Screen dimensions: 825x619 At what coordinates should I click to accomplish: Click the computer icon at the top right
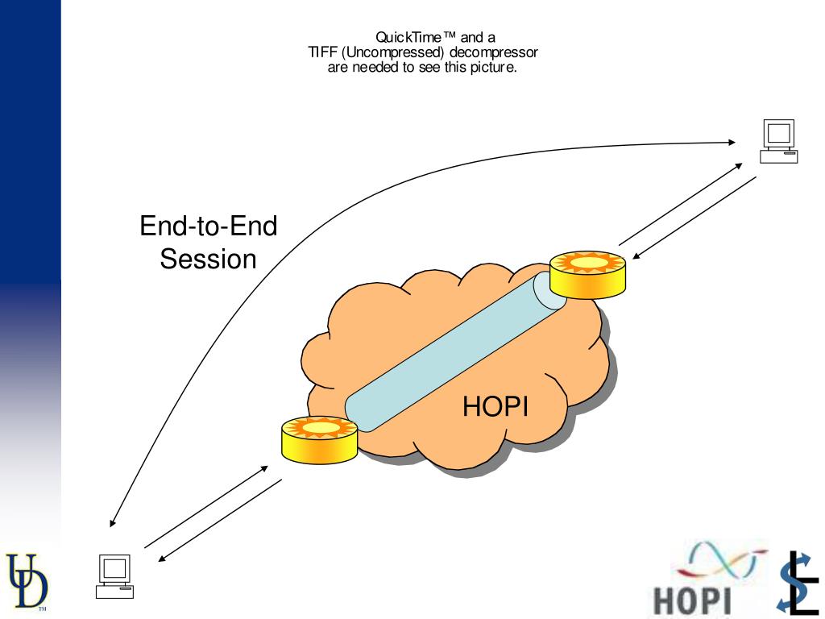779,141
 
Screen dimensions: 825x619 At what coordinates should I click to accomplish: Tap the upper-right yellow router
587,275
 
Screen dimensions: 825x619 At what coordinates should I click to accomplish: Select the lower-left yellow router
319,439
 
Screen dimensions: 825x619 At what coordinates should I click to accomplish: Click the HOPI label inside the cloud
495,407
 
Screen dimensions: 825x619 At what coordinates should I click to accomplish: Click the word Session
208,260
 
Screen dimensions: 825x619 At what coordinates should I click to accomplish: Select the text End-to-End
208,226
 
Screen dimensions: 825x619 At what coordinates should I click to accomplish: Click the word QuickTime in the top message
409,37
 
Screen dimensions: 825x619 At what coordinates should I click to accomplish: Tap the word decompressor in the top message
494,52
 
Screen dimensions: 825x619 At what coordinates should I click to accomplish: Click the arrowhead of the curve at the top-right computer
732,142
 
